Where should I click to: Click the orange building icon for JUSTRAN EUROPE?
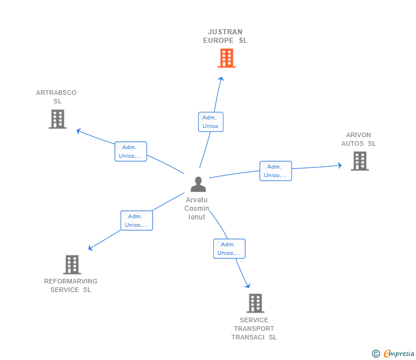[226, 58]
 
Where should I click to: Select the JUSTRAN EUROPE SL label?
[225, 36]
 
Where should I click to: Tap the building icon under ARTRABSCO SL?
[58, 119]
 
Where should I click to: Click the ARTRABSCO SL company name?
[56, 97]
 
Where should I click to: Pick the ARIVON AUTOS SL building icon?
[360, 161]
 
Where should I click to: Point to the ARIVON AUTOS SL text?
[358, 139]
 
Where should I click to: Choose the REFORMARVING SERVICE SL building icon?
[72, 265]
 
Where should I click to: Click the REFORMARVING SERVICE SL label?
[71, 286]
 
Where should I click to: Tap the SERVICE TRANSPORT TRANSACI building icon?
[255, 303]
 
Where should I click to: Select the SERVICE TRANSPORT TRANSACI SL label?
[254, 329]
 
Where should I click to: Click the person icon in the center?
[198, 185]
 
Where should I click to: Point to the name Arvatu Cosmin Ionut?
[197, 208]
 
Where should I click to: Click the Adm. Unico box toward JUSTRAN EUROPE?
[211, 122]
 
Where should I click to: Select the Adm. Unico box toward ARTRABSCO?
[130, 151]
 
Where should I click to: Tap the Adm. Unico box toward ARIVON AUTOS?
[275, 171]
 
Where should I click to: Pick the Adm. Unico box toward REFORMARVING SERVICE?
[137, 221]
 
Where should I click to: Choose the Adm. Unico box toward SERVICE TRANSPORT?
[229, 249]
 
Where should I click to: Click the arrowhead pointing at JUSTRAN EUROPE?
[221, 78]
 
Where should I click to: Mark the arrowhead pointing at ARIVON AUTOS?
[340, 165]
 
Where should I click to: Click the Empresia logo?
[393, 353]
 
